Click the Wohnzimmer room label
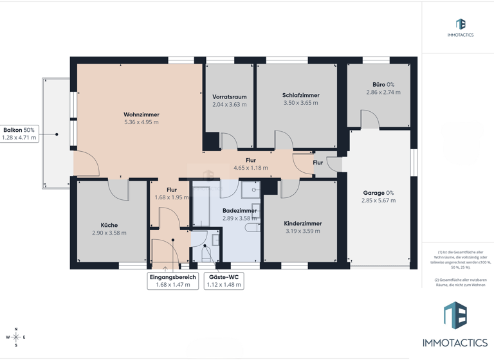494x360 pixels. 142,114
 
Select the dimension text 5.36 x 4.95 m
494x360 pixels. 142,122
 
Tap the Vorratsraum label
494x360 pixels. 230,96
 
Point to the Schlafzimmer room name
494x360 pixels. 300,95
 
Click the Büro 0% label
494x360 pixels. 383,84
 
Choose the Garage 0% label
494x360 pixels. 378,193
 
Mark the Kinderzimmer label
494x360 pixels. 302,224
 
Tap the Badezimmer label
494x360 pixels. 239,210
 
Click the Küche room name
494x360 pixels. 109,225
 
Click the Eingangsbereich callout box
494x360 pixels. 172,281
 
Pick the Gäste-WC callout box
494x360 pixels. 223,281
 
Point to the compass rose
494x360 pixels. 16,337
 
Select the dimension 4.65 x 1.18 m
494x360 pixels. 251,168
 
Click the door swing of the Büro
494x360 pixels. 369,119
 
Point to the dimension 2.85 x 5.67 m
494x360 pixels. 378,201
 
